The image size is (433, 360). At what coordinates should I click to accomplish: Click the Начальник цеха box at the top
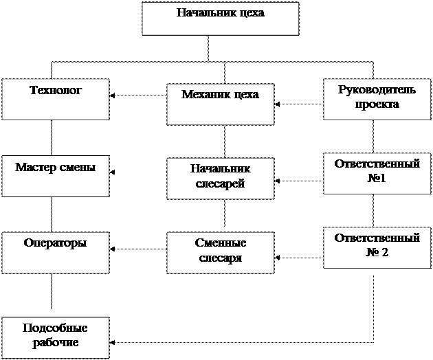(220, 19)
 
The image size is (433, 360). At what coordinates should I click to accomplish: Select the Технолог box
(55, 100)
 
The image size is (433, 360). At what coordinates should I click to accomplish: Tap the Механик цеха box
(220, 104)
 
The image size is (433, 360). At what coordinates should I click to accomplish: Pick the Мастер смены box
(55, 177)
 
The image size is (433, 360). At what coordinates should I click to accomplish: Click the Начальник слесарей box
(220, 179)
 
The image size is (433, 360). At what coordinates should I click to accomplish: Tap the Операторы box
(55, 253)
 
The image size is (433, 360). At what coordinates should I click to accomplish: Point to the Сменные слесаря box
(220, 252)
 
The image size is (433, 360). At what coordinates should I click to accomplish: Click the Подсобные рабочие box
(55, 337)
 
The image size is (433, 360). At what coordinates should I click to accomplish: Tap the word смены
(78, 167)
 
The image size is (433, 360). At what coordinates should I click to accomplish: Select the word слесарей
(220, 184)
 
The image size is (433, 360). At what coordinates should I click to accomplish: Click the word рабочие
(55, 342)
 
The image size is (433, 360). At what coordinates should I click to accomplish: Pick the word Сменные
(220, 243)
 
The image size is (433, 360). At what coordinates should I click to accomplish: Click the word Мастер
(37, 167)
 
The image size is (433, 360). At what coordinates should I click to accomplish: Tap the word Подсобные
(55, 328)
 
